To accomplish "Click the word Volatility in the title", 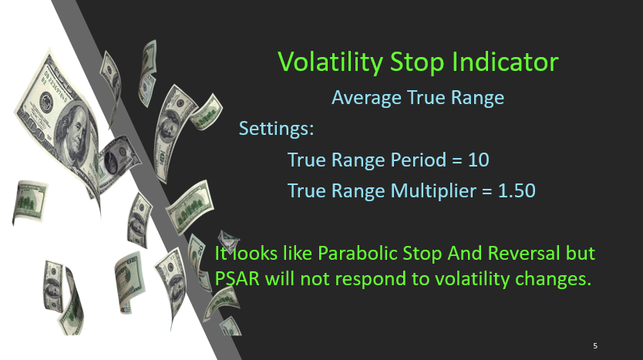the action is tap(330, 62).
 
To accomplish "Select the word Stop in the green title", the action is tap(416, 63).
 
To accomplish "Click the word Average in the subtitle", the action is tap(367, 98).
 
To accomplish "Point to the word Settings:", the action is tap(276, 129).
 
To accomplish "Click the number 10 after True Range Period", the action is tap(479, 160).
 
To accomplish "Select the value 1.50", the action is tap(517, 191).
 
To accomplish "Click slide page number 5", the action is tap(595, 346).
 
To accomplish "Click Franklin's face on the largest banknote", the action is tap(76, 133).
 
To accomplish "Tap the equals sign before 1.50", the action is tap(487, 191).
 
